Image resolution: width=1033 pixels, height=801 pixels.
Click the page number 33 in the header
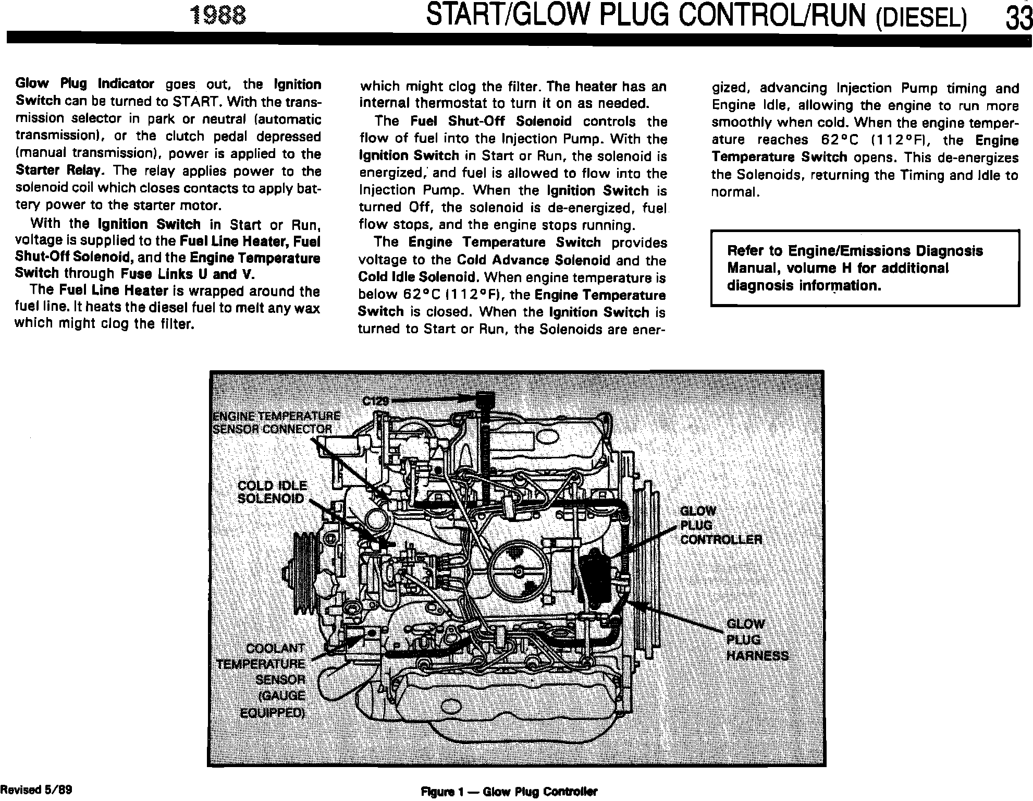(1019, 18)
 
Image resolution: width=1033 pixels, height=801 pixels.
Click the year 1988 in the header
(217, 17)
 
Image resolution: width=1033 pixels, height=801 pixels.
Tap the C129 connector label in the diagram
(376, 401)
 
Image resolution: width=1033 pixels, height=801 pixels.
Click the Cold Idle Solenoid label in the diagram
(272, 492)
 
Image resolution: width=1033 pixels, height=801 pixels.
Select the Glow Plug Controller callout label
(721, 525)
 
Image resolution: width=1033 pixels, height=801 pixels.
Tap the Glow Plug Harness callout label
(757, 640)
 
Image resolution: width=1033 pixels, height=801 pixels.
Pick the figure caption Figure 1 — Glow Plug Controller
(509, 792)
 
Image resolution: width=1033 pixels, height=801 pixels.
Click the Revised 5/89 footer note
(36, 789)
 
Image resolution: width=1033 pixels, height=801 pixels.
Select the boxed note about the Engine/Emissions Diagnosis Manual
(865, 268)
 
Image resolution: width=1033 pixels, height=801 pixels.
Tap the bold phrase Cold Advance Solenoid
(533, 260)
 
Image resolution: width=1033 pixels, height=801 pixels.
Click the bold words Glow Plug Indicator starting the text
(85, 84)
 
